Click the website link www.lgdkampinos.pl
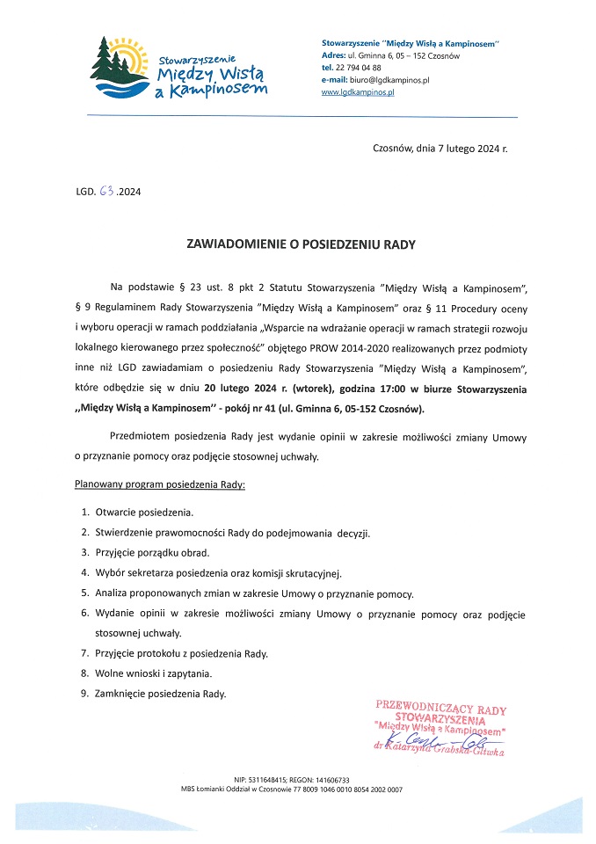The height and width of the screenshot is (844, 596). (358, 91)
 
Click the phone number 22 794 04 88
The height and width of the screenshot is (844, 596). (358, 67)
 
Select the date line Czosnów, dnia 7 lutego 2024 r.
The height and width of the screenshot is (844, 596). (440, 149)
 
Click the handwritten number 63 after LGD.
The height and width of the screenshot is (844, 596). (107, 189)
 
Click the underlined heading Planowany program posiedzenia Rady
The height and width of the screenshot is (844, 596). (159, 484)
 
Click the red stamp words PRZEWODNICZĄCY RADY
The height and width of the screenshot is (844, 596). (440, 706)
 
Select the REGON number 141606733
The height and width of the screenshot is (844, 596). (331, 780)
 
